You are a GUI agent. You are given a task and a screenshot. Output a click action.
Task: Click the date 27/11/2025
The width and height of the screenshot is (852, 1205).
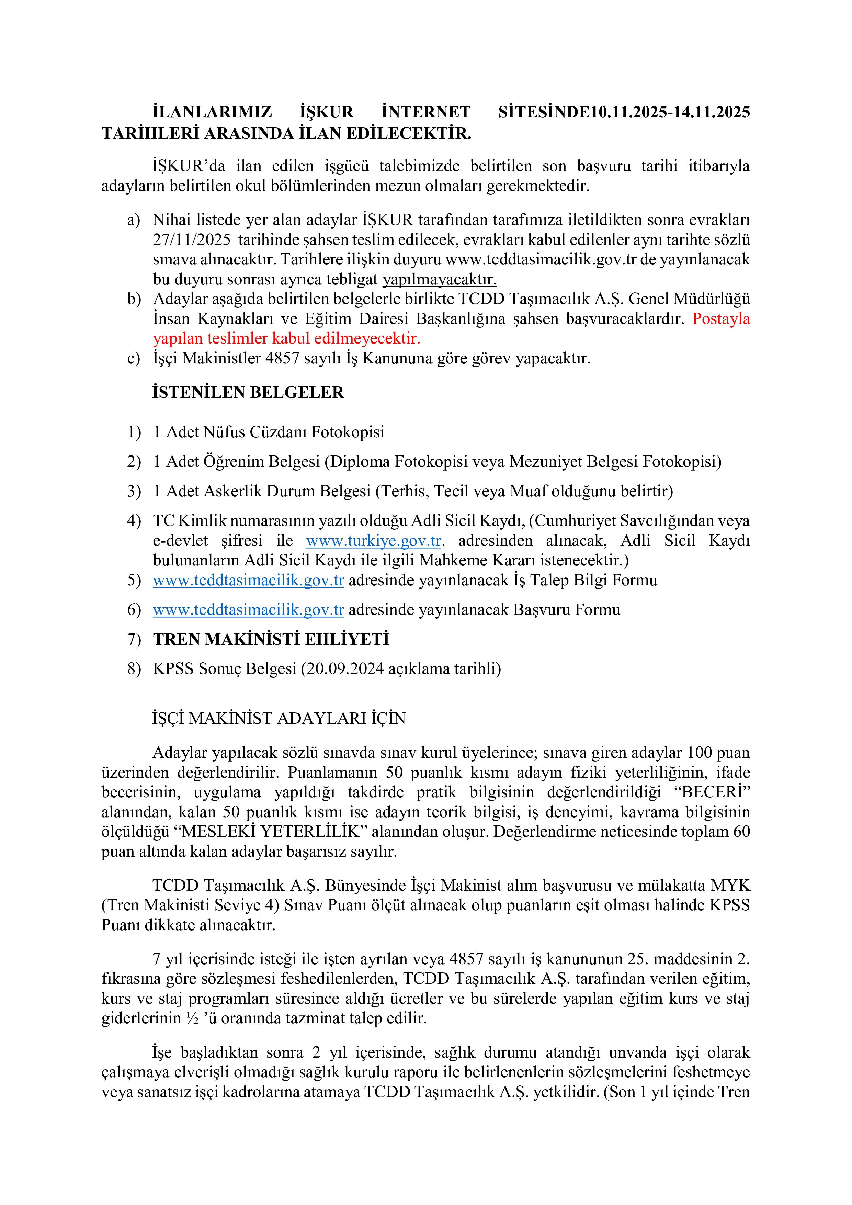point(192,240)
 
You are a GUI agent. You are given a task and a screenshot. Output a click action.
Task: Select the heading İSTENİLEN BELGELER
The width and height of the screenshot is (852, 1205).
point(248,393)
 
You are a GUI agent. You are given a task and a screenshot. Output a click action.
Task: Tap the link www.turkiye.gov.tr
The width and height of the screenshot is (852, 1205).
point(373,541)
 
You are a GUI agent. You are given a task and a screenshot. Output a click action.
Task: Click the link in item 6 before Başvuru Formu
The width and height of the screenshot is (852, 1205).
point(248,610)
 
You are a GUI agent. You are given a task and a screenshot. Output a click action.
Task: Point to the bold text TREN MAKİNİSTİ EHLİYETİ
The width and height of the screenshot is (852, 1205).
point(271,639)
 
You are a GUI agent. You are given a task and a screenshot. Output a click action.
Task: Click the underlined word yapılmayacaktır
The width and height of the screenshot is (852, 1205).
point(439,280)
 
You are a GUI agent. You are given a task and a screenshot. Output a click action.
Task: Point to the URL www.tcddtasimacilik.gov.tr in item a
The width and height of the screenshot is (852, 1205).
point(541,260)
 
